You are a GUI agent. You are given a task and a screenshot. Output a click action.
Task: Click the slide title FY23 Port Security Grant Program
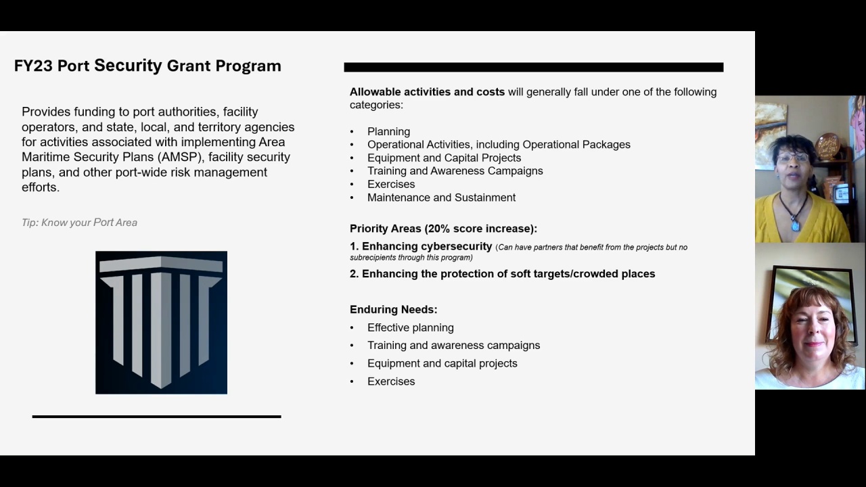[147, 66]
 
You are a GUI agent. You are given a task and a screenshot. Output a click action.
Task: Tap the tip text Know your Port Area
[79, 223]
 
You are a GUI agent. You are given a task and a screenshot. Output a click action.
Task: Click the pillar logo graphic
[161, 322]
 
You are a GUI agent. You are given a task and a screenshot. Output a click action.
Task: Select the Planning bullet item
[388, 131]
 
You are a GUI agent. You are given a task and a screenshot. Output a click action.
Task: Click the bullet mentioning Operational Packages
[499, 145]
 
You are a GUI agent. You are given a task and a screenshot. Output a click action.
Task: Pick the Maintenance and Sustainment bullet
[441, 198]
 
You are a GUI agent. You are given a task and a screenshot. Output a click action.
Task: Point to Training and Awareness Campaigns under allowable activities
[455, 171]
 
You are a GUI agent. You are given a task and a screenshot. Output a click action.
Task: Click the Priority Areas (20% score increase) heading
[443, 229]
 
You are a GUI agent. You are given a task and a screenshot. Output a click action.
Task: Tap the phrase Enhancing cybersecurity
[426, 247]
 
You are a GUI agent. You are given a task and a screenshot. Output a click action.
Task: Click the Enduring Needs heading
[393, 310]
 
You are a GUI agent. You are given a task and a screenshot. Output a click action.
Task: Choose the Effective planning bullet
[410, 327]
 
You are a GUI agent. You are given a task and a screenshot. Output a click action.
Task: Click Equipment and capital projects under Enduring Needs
[442, 363]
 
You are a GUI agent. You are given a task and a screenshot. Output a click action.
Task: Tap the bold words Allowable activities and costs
[427, 92]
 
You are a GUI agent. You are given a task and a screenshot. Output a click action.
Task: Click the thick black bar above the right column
[533, 67]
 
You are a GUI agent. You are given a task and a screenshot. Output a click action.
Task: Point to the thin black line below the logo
[156, 417]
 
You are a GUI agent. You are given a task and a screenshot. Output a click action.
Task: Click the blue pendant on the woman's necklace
[796, 225]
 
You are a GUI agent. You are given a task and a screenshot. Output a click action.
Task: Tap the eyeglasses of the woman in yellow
[793, 158]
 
